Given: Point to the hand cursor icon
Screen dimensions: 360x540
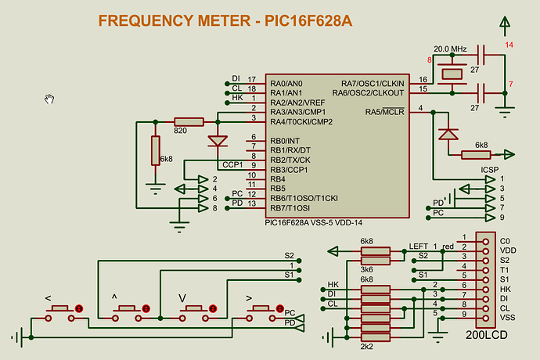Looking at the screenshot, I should pyautogui.click(x=49, y=99).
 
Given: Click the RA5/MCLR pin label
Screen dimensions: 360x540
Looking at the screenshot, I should pyautogui.click(x=384, y=111).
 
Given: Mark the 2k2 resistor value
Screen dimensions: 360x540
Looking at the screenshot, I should pyautogui.click(x=365, y=346).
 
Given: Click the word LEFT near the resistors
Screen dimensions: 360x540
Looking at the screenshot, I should pyautogui.click(x=419, y=247).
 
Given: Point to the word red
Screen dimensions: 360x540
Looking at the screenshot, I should pyautogui.click(x=448, y=247).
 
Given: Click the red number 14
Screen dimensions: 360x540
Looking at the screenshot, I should pyautogui.click(x=509, y=45).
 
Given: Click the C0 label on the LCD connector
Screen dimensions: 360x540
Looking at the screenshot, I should pyautogui.click(x=505, y=241).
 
